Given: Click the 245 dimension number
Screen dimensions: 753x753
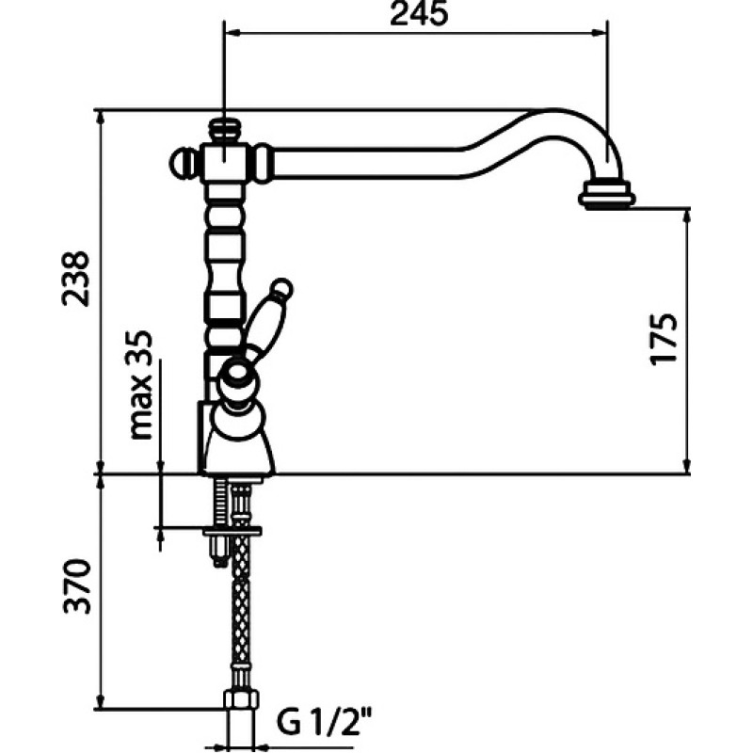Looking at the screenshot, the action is pyautogui.click(x=419, y=14).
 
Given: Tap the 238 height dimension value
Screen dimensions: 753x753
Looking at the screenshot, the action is pyautogui.click(x=75, y=279).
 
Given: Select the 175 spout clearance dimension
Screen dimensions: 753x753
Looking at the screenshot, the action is pyautogui.click(x=664, y=340).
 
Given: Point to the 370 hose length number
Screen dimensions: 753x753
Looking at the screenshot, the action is pyautogui.click(x=77, y=585).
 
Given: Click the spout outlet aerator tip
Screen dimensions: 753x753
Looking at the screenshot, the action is pyautogui.click(x=607, y=195).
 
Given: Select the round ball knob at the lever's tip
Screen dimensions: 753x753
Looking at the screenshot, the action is pyautogui.click(x=282, y=289).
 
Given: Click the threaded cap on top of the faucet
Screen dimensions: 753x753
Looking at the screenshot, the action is pyautogui.click(x=225, y=131).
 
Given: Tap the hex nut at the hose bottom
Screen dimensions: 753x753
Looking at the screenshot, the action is pyautogui.click(x=241, y=699).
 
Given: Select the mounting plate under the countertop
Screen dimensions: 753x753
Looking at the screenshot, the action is pyautogui.click(x=232, y=531).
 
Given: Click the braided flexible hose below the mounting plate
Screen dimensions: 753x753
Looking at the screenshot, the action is pyautogui.click(x=240, y=613).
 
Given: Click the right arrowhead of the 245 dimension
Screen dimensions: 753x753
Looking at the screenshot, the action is pyautogui.click(x=599, y=33).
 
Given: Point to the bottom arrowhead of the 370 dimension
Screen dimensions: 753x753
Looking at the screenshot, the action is pyautogui.click(x=101, y=701).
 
